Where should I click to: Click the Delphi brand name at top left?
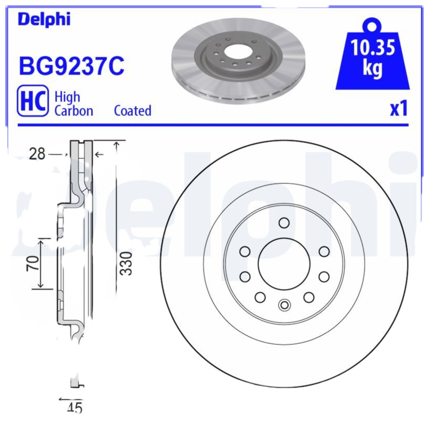tap(44, 19)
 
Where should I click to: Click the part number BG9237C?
tap(71, 66)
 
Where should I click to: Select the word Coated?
tap(132, 111)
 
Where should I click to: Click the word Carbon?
tap(74, 111)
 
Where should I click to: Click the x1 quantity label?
tap(398, 109)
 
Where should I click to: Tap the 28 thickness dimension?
tap(37, 154)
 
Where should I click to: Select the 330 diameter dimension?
tap(125, 263)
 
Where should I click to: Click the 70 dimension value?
tap(33, 263)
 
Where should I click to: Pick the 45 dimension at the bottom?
tap(75, 409)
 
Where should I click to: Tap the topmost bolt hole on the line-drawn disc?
tap(284, 223)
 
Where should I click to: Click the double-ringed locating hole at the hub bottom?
tap(284, 306)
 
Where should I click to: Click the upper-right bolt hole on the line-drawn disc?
tap(324, 251)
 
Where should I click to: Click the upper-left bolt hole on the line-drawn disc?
tap(245, 251)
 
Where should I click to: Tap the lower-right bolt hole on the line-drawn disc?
tap(308, 297)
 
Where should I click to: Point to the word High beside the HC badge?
tap(68, 97)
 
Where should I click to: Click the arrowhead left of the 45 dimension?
tap(61, 400)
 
